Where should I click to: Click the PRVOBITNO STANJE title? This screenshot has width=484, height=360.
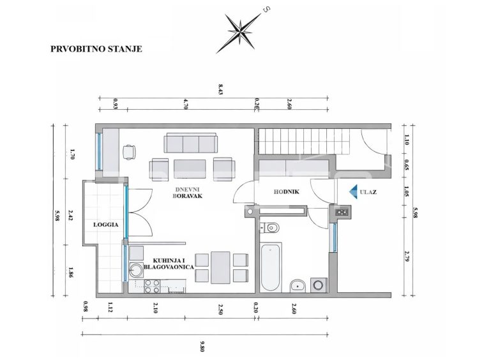pyautogui.click(x=96, y=49)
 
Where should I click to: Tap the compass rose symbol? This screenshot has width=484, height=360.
pyautogui.click(x=240, y=31)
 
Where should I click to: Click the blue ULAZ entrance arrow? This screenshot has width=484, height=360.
pyautogui.click(x=354, y=192)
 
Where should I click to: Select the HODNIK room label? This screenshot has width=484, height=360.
pyautogui.click(x=287, y=192)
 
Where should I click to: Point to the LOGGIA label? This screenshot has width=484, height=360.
pyautogui.click(x=106, y=225)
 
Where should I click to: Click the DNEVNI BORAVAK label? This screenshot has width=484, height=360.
pyautogui.click(x=188, y=193)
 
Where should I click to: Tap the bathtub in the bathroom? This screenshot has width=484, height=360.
pyautogui.click(x=271, y=267)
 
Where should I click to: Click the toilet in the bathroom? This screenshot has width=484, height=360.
pyautogui.click(x=270, y=228)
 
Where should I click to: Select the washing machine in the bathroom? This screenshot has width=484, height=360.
pyautogui.click(x=318, y=285)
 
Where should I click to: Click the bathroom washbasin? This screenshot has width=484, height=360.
pyautogui.click(x=298, y=286)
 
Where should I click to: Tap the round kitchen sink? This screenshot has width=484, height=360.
pyautogui.click(x=135, y=269)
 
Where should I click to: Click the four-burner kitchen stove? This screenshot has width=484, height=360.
pyautogui.click(x=152, y=286)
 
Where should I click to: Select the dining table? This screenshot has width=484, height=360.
pyautogui.click(x=220, y=267)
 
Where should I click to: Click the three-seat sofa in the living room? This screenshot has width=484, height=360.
pyautogui.click(x=190, y=143)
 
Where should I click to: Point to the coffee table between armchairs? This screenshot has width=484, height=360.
pyautogui.click(x=190, y=169)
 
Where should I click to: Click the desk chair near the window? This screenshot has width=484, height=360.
pyautogui.click(x=129, y=152)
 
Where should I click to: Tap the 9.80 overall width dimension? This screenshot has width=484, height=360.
pyautogui.click(x=202, y=346)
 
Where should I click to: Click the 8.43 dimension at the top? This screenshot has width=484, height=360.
pyautogui.click(x=220, y=89)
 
